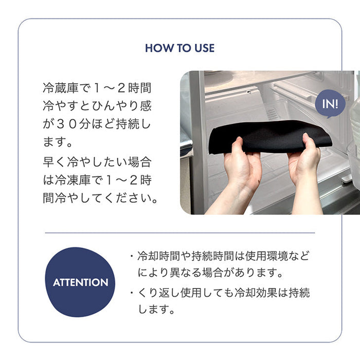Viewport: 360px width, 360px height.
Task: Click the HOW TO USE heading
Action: tap(180, 48)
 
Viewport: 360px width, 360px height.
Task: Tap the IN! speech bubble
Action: tap(330, 104)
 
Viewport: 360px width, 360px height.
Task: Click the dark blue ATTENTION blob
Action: tap(80, 282)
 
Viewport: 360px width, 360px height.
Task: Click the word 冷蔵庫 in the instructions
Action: tap(61, 88)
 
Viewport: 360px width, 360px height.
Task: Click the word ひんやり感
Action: tap(122, 106)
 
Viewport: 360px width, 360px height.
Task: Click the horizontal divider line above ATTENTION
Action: tap(180, 233)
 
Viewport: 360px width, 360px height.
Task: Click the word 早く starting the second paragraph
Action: tap(55, 162)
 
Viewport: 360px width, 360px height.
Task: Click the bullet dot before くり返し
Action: tap(132, 293)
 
